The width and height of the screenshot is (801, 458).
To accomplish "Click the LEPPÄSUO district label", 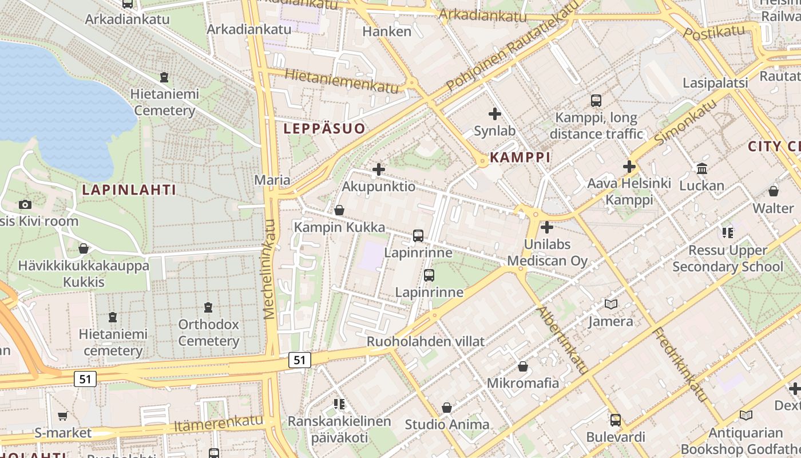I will (x=324, y=128).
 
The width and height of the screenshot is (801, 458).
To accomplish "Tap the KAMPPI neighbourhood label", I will (x=520, y=157).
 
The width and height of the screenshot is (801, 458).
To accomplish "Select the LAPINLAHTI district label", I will (x=129, y=189).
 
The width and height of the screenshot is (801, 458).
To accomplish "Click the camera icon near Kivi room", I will (x=25, y=204).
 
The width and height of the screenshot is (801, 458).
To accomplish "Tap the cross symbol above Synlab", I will (x=495, y=114).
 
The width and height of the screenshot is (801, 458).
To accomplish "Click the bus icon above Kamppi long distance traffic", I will (x=596, y=101).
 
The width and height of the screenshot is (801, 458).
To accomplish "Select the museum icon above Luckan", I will (x=702, y=168).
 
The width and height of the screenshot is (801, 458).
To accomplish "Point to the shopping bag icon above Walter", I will (x=774, y=191).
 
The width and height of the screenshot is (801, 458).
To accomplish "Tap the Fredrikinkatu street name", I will (x=680, y=365).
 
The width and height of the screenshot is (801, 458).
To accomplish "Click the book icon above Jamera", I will (x=611, y=304).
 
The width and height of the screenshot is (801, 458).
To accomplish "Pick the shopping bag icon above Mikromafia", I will (x=523, y=366).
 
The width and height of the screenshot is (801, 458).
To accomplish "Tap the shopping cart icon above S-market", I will (x=62, y=416).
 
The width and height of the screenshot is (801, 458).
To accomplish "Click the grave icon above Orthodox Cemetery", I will (x=208, y=307).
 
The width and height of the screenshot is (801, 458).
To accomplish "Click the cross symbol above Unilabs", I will (x=547, y=227).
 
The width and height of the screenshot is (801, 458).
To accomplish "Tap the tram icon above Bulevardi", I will (x=616, y=420).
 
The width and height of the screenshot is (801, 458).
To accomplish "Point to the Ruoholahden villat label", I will (x=425, y=342).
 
